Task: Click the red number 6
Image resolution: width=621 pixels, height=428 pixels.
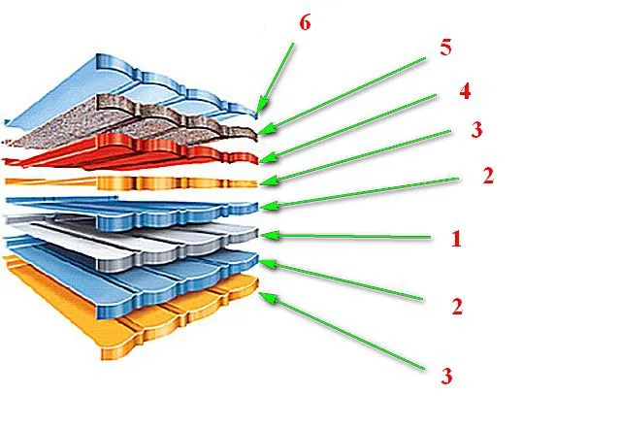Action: click(305, 22)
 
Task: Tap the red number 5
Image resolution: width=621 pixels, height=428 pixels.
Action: click(445, 48)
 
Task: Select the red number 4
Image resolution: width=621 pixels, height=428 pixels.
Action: click(465, 91)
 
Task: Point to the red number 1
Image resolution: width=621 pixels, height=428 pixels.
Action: click(456, 239)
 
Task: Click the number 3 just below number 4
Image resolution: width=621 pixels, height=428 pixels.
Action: click(476, 130)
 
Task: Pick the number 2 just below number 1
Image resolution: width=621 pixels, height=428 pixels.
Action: click(457, 307)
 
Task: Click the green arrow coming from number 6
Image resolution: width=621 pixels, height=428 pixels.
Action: click(276, 78)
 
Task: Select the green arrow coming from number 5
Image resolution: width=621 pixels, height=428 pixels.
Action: click(342, 95)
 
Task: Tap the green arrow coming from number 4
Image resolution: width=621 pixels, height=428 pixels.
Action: click(347, 128)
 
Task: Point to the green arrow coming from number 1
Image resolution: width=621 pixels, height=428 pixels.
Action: click(345, 236)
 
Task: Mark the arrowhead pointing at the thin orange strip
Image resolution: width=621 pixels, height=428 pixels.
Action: click(268, 181)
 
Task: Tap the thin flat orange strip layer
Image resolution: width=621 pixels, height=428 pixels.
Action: click(131, 183)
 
